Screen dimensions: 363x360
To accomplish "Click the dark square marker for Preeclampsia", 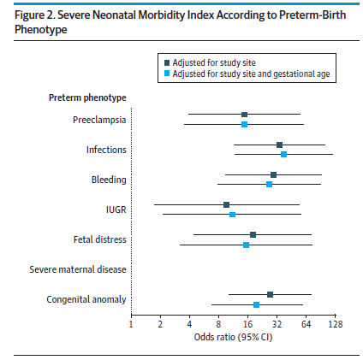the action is pos(244,115).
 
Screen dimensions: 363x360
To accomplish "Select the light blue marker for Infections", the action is pos(283,154).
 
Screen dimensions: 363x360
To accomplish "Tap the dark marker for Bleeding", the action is pos(273,174).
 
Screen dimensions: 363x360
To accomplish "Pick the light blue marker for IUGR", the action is pos(232,215).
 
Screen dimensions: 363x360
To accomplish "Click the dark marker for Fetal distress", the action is pos(253,234).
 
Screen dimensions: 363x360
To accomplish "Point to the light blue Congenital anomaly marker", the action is pos(256,304).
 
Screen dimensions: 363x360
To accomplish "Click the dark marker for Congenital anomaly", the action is pos(270,294).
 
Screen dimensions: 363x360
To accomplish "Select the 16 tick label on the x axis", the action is pos(247,324).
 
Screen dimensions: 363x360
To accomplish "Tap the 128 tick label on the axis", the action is pos(336,324).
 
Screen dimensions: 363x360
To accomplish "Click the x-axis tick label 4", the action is pos(189,324).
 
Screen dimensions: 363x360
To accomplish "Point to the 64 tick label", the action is pos(306,324).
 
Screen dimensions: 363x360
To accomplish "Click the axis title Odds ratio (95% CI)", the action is pos(233,337).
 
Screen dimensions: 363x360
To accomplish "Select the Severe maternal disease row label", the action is pos(78,269).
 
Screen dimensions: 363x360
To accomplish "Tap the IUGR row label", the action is pos(116,210).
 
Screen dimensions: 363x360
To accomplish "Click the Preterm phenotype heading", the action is pos(87,97).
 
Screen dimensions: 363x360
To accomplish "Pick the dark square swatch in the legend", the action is pos(167,62).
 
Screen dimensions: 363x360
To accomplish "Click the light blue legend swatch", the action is pos(167,74).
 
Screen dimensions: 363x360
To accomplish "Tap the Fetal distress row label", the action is pos(99,239).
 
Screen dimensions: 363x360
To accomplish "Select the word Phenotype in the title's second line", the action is pos(41,30).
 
